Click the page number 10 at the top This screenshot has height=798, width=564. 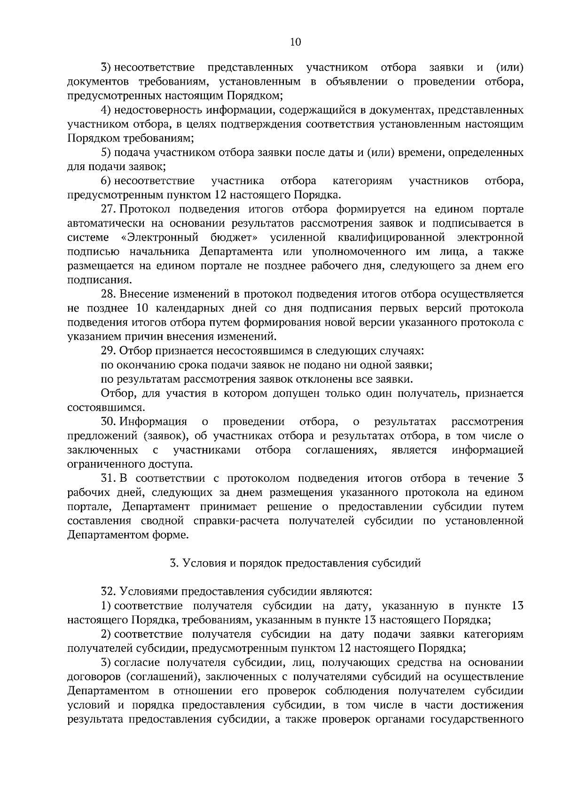pos(295,42)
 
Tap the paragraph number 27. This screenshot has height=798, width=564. pos(109,209)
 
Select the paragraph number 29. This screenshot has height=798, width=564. pos(109,351)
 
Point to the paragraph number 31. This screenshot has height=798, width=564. pos(109,478)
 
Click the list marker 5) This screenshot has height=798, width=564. pos(106,153)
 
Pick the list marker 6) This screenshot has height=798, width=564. pos(106,181)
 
